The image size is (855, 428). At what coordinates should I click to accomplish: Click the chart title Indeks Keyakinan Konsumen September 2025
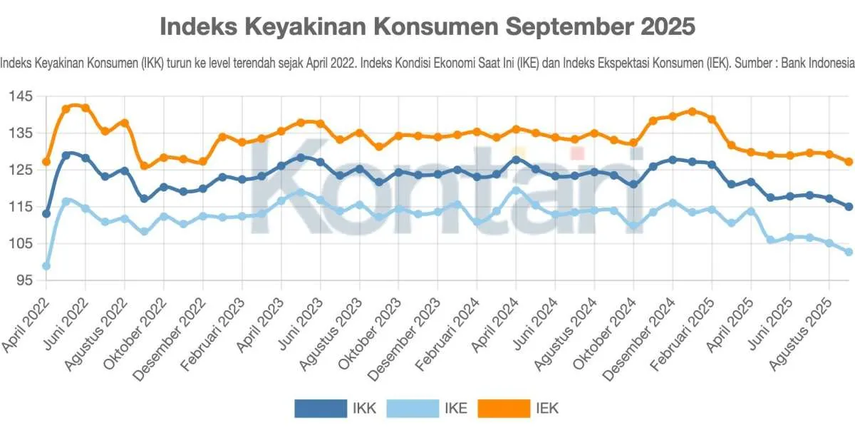click(x=427, y=27)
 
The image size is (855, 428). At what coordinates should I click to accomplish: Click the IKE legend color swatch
click(x=413, y=408)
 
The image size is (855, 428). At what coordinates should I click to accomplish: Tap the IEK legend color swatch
click(x=504, y=408)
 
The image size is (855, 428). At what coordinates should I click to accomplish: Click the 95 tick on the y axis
click(x=26, y=280)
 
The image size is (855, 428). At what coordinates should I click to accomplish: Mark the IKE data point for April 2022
click(x=46, y=266)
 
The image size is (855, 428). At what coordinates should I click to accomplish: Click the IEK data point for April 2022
click(x=46, y=162)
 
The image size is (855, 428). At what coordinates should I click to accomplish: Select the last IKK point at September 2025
click(x=849, y=207)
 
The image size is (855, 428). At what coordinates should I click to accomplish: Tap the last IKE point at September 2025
click(x=849, y=252)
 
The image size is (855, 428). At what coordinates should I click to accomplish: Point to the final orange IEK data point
click(x=849, y=162)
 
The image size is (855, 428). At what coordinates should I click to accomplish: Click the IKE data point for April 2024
click(x=516, y=190)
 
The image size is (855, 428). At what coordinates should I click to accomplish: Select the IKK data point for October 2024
click(x=633, y=184)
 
